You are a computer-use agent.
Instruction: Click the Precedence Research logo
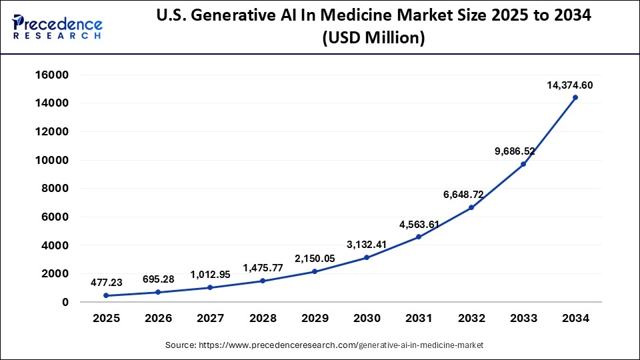[57, 26]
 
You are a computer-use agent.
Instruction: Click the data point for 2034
[575, 97]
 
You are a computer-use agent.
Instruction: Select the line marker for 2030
[367, 257]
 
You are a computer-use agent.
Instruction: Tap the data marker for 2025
[106, 295]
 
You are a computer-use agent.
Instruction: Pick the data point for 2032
[471, 207]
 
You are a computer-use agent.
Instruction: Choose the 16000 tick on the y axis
[52, 75]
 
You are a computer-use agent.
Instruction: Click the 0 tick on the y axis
[64, 302]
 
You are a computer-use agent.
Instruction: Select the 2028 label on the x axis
[263, 319]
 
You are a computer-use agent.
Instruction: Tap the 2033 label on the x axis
[523, 319]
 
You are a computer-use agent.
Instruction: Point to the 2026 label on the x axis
[158, 319]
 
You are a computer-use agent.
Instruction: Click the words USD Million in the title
[373, 39]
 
